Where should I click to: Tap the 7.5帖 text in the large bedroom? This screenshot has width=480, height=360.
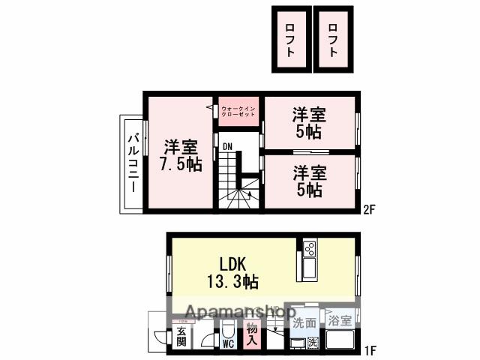coord(179,164)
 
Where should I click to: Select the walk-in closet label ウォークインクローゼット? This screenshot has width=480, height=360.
coord(239,112)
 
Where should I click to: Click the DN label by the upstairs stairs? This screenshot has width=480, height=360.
coord(227,146)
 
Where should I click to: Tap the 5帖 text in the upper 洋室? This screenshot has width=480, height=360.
coord(308,132)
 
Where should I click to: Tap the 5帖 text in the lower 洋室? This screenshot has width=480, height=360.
coord(308,190)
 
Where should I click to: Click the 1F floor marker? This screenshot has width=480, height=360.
coord(369,350)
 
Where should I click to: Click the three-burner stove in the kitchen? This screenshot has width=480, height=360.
coord(310,248)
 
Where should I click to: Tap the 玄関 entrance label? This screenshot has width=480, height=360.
coord(181,337)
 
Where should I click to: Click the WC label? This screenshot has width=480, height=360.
coord(229,344)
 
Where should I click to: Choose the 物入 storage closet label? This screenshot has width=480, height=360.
coord(252,334)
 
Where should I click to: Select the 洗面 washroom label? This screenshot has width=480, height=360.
coord(304,322)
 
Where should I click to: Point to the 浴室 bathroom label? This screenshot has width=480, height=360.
coord(340,321)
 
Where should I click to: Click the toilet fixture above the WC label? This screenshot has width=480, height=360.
coord(229,329)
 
